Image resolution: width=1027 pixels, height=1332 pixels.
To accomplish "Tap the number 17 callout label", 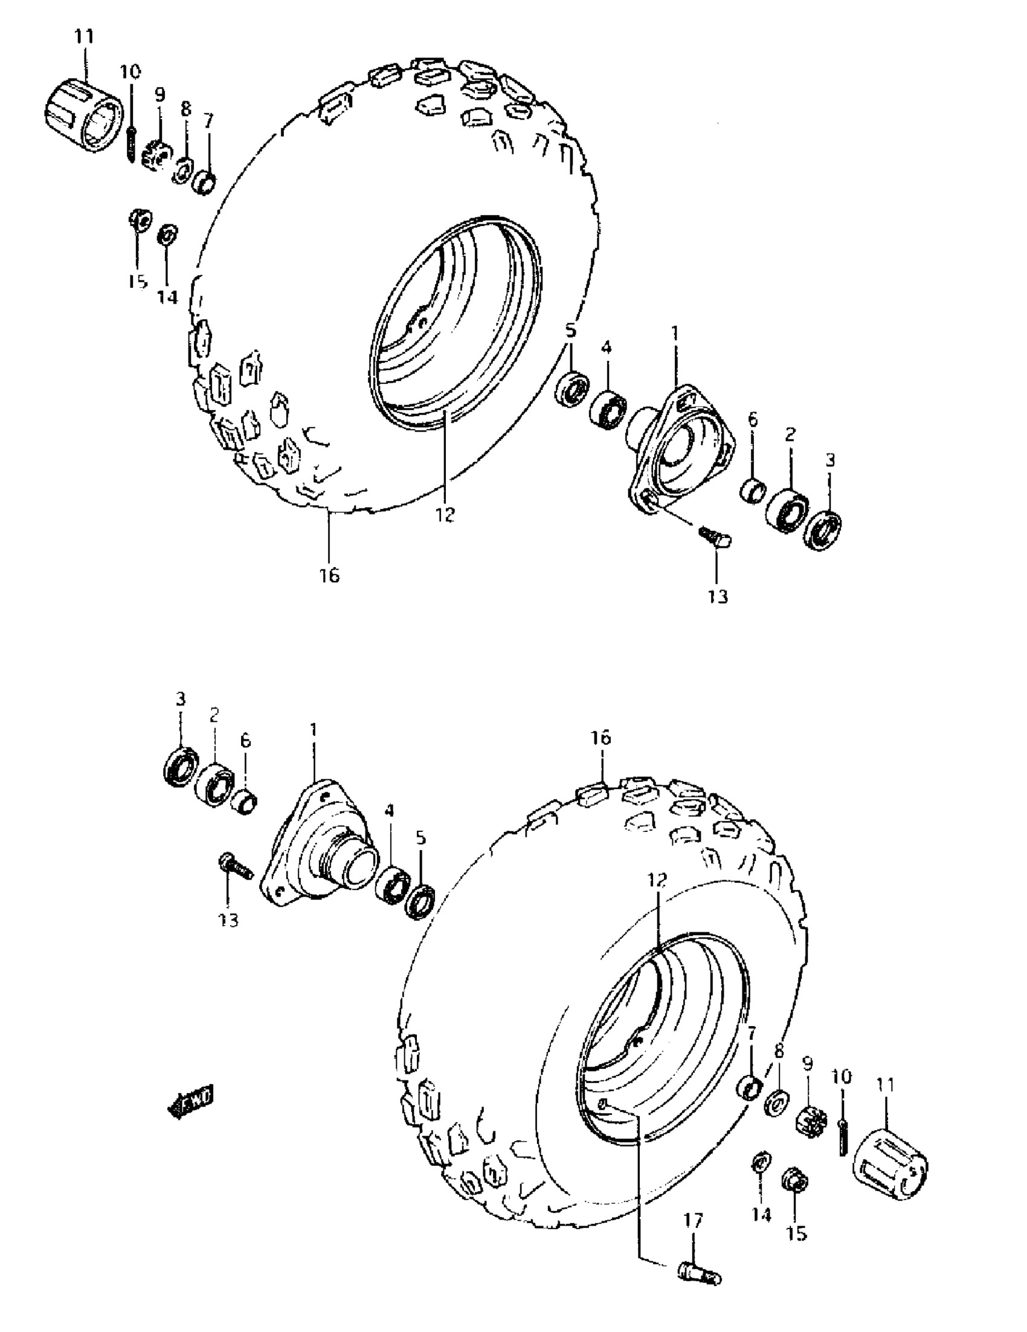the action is click(692, 1238).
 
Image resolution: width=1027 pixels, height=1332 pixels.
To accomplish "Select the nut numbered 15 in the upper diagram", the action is click(140, 219).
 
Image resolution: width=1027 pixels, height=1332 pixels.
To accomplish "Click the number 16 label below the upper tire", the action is click(329, 574).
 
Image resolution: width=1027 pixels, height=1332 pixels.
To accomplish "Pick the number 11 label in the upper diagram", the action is click(85, 37).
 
